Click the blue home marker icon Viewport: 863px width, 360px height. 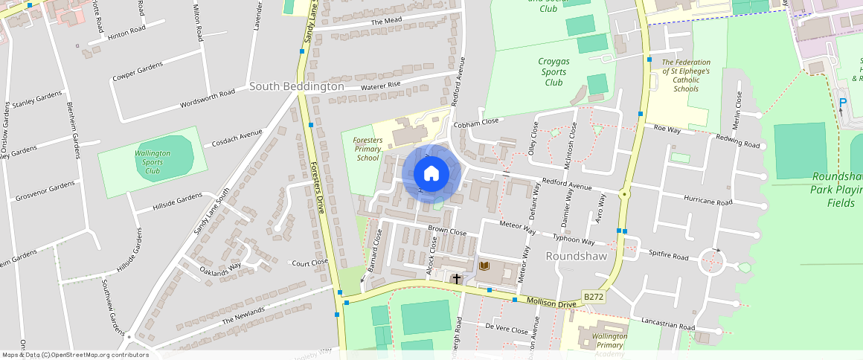(431, 173)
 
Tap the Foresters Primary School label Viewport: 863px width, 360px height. (368, 148)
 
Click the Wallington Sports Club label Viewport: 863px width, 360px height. (153, 161)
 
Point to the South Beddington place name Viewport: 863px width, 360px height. (296, 86)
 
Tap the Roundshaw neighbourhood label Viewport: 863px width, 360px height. (577, 256)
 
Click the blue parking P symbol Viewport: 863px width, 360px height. (843, 103)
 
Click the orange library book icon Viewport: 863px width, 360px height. (484, 266)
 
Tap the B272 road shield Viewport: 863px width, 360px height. (593, 297)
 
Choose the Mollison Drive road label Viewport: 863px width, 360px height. (551, 302)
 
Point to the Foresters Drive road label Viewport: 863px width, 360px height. (318, 188)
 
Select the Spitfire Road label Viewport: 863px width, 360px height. (670, 255)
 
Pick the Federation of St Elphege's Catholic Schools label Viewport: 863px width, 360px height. (685, 75)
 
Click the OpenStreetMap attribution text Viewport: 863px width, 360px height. (76, 355)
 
